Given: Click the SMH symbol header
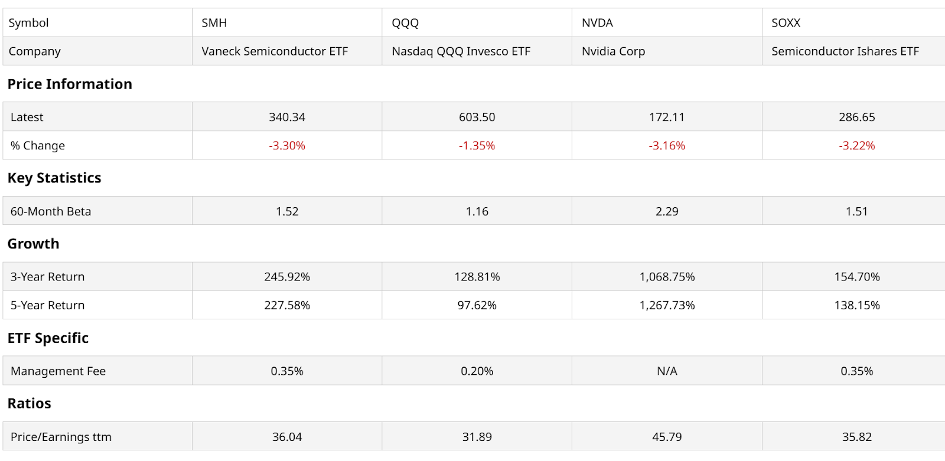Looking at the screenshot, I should tap(214, 23).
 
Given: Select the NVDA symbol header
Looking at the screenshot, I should tap(597, 23).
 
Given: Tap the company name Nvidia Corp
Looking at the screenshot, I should tap(613, 51).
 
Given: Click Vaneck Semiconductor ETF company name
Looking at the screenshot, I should tap(275, 51).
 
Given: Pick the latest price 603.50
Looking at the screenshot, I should tap(477, 117).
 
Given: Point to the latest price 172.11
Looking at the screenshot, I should tap(667, 117).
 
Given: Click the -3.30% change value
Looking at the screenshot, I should tap(287, 146).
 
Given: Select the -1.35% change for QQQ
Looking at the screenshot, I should tap(477, 146).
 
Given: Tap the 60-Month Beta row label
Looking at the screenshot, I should tap(51, 211).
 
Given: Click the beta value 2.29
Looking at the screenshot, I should tap(667, 211).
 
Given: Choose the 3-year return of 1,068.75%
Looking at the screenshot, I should tap(667, 277).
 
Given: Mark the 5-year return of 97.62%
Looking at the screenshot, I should tap(477, 305).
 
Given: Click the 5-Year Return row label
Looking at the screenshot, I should tap(48, 305).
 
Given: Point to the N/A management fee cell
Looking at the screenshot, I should tap(667, 371).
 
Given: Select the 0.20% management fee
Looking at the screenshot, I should tap(477, 371).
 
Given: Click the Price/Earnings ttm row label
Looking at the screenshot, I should tap(61, 437).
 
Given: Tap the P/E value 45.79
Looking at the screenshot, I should tap(667, 437).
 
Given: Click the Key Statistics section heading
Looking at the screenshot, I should tap(54, 178).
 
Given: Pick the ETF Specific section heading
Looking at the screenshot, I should tap(48, 338).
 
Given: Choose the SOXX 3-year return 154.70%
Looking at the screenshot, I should tap(857, 277).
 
